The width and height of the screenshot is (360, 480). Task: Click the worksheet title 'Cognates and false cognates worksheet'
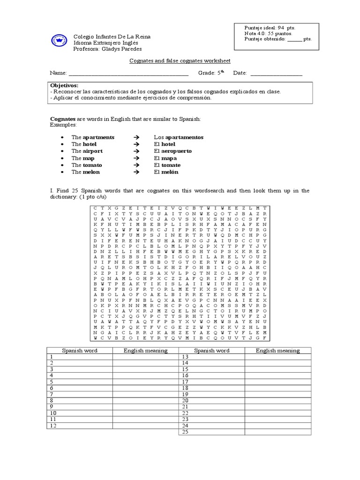coord(180,61)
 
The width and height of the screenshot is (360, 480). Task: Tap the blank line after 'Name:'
coord(128,74)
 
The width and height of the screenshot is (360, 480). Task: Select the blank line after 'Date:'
coord(276,74)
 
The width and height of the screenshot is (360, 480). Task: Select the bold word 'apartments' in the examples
coord(98,137)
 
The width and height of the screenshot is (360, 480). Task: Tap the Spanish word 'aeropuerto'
coord(176,151)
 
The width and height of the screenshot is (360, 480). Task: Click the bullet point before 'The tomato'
coord(62,165)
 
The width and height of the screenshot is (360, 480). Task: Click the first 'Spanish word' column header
coord(80,350)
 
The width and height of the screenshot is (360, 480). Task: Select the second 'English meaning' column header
coord(277,350)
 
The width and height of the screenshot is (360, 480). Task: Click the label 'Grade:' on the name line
coord(207,74)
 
